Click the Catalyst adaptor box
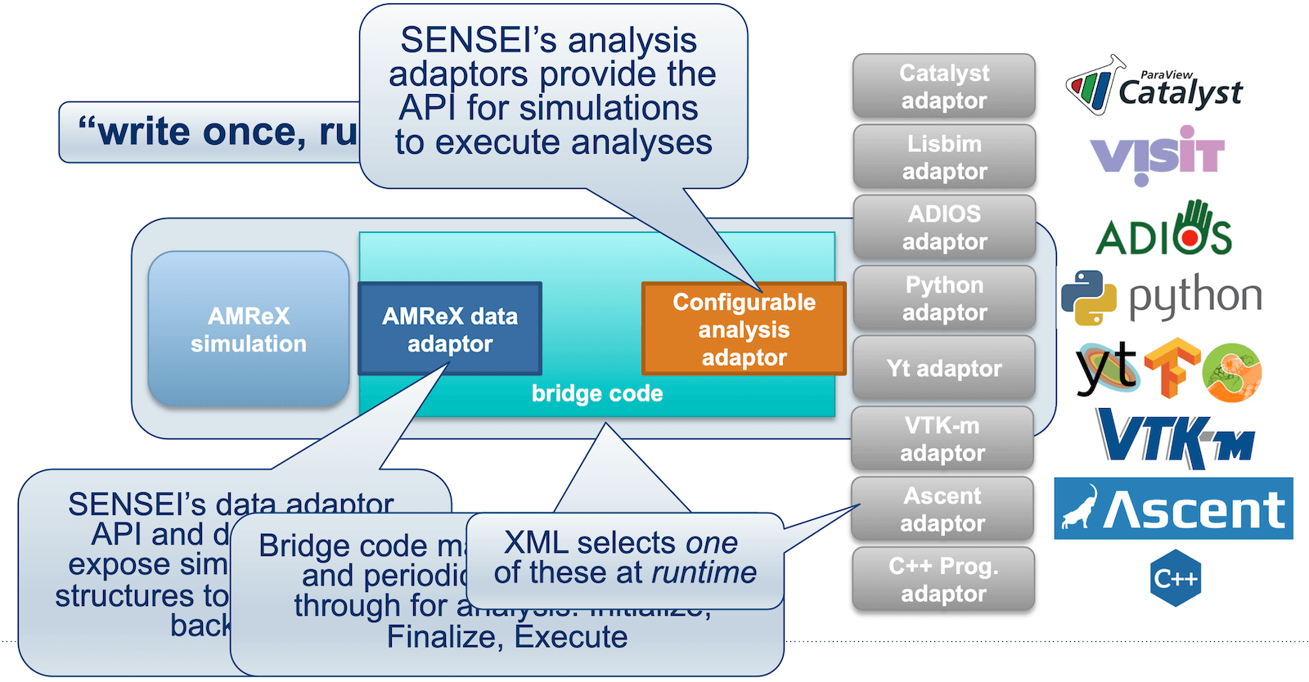point(944,87)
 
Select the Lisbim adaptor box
point(944,157)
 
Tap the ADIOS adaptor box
point(944,227)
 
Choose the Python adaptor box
point(944,298)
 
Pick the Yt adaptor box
point(944,369)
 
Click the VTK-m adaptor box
point(942,439)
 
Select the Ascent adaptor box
point(942,509)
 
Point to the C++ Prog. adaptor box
point(943,580)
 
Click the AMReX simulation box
point(249,330)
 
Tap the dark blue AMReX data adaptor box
point(450,330)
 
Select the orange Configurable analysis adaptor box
point(744,330)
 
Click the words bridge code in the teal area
point(597,394)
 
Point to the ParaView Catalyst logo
point(1155,87)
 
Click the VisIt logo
point(1157,155)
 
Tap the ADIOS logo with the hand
point(1163,230)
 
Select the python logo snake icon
point(1089,298)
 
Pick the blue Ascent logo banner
point(1173,509)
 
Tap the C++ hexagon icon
point(1176,578)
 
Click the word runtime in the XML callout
point(704,573)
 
